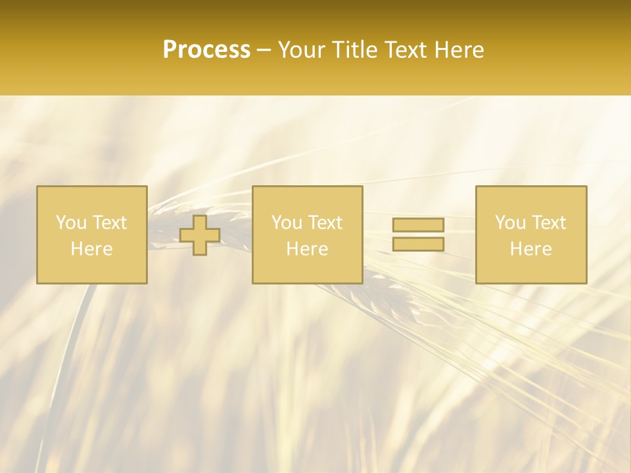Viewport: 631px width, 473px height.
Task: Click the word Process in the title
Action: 206,50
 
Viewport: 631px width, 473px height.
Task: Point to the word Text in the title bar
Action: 408,50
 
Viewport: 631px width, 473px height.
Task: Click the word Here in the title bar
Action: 459,50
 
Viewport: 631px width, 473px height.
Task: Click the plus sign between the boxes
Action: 200,235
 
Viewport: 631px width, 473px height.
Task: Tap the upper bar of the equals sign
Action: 418,225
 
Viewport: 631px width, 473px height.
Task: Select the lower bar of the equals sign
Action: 418,244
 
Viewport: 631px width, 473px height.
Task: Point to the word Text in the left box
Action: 110,223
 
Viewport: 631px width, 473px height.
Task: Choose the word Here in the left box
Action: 91,249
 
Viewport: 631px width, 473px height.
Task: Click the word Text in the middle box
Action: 325,223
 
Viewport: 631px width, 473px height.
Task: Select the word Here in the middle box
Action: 307,249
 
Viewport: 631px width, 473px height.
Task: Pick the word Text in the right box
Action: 549,223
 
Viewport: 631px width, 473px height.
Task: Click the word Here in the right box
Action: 530,249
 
